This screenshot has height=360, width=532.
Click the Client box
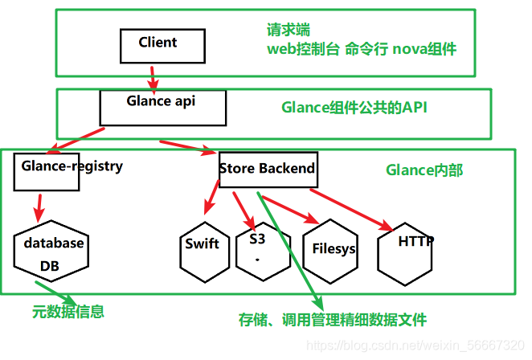coord(158,45)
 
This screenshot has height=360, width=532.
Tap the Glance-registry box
coord(47,170)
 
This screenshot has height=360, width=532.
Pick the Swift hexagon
coord(202,246)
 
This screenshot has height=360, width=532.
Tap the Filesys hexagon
coord(329,250)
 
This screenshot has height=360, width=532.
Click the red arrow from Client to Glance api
coord(152,78)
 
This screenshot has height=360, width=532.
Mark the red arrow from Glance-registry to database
coord(38,206)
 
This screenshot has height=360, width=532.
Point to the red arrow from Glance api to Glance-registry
coord(76,138)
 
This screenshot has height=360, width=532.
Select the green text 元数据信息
coord(68,311)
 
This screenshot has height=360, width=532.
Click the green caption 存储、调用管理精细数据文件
coord(332,319)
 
